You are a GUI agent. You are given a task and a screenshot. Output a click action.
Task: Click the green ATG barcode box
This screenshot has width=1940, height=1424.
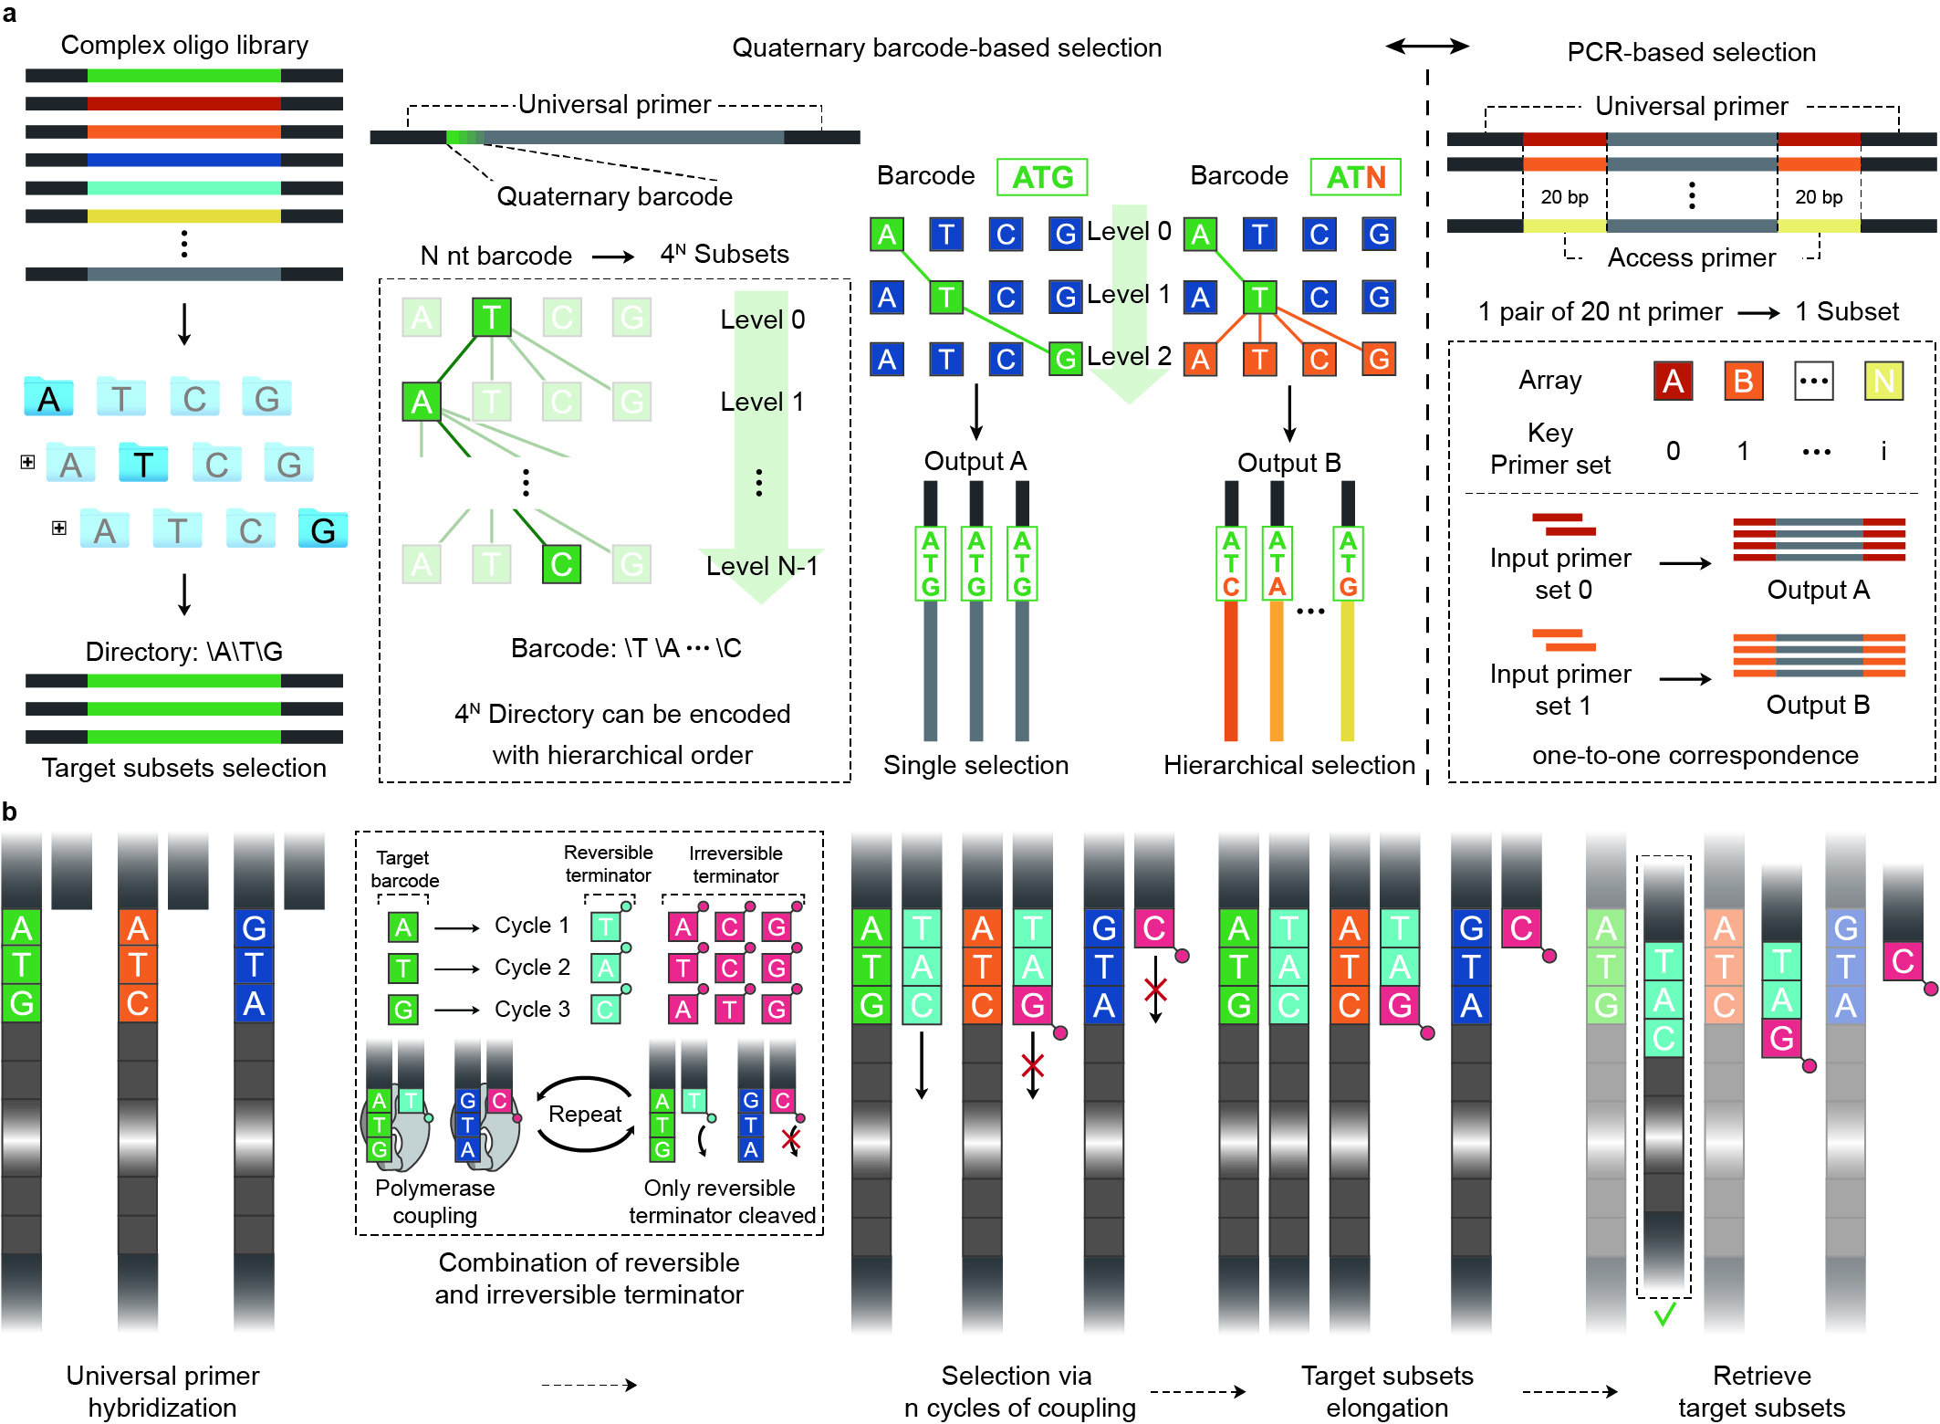(1042, 177)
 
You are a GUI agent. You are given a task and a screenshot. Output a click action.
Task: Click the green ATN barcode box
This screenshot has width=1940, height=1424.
(1355, 177)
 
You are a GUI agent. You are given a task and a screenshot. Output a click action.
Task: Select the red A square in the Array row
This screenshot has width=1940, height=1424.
(1673, 381)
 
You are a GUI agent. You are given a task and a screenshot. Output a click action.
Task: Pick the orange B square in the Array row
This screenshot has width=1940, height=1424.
(1743, 381)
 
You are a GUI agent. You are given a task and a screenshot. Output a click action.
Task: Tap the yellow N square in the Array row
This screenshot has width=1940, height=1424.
(1883, 381)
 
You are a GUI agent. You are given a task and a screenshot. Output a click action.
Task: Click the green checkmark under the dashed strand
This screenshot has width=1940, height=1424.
(1664, 1314)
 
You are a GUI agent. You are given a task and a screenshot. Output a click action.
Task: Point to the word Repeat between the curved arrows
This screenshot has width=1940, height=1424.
(585, 1115)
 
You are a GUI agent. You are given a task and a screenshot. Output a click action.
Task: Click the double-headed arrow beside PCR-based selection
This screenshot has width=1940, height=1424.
(1427, 46)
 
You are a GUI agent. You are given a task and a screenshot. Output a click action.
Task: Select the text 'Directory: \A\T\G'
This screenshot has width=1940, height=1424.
(183, 652)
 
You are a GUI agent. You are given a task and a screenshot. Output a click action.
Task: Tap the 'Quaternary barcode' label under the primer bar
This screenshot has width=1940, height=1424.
(614, 196)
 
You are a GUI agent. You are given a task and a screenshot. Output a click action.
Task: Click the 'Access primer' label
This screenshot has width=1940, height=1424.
(1691, 257)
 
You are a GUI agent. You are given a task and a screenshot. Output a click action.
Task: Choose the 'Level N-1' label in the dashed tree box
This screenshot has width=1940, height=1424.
(762, 566)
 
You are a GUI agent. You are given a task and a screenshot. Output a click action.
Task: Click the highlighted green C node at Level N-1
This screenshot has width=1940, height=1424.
(561, 564)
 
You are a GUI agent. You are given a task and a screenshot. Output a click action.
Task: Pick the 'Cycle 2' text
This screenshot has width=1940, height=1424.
(532, 968)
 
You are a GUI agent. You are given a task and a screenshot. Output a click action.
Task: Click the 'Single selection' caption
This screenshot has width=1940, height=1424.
(975, 765)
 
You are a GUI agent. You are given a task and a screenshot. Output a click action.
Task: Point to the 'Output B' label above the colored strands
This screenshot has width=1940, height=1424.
(1288, 463)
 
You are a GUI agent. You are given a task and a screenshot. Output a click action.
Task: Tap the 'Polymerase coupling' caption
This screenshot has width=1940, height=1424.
(435, 1201)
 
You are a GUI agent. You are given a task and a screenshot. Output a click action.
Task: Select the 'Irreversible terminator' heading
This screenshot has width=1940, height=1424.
(735, 864)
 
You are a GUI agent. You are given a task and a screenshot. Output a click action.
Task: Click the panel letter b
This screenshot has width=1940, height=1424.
(9, 811)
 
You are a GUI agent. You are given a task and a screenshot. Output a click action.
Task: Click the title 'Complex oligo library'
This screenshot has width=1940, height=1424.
(184, 45)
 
